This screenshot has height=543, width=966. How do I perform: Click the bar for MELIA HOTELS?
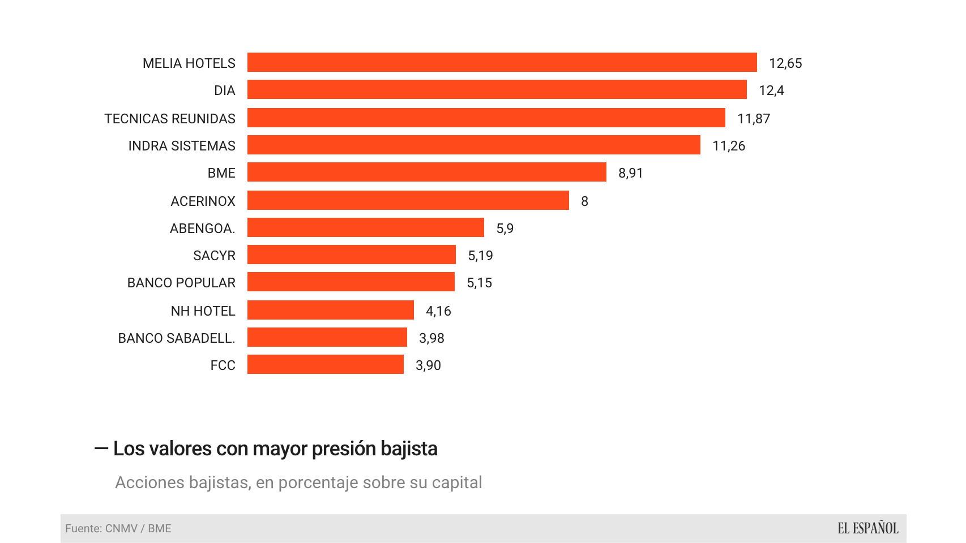pyautogui.click(x=502, y=62)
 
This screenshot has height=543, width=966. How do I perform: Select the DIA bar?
pyautogui.click(x=497, y=89)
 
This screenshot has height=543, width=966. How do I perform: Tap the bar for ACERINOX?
pyautogui.click(x=408, y=200)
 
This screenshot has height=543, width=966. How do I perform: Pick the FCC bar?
pyautogui.click(x=325, y=364)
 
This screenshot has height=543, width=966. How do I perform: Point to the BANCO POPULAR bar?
pyautogui.click(x=351, y=282)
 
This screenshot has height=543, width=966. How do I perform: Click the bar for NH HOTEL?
pyautogui.click(x=330, y=310)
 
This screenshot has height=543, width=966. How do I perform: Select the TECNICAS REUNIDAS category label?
pyautogui.click(x=169, y=118)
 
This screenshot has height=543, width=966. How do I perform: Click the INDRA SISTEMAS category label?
pyautogui.click(x=181, y=145)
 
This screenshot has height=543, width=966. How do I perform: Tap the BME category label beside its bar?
pyautogui.click(x=221, y=173)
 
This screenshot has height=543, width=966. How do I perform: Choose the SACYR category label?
pyautogui.click(x=214, y=255)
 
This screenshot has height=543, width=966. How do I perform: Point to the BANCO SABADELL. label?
pyautogui.click(x=176, y=338)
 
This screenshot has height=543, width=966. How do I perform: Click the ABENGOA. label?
pyautogui.click(x=202, y=228)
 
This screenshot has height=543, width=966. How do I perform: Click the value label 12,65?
pyautogui.click(x=785, y=63)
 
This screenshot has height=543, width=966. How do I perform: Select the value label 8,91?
pyautogui.click(x=630, y=173)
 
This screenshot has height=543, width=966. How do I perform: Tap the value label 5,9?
pyautogui.click(x=505, y=228)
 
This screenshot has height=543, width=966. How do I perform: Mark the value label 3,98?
pyautogui.click(x=431, y=338)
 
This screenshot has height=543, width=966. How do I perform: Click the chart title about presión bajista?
pyautogui.click(x=275, y=449)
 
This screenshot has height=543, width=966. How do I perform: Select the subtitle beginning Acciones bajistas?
pyautogui.click(x=298, y=482)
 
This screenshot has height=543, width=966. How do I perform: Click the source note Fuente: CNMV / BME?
pyautogui.click(x=118, y=528)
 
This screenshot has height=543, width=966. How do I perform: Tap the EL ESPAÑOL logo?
pyautogui.click(x=867, y=528)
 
